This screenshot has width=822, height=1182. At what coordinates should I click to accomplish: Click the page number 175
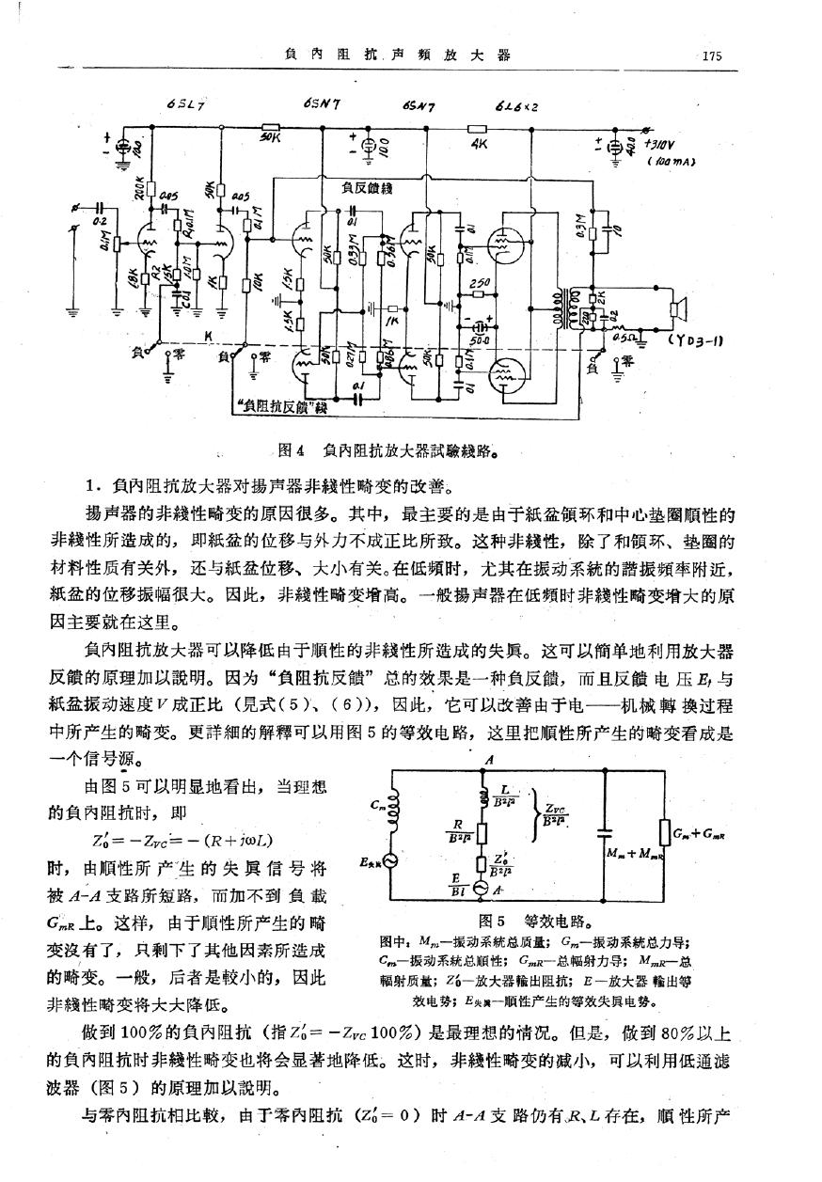710,55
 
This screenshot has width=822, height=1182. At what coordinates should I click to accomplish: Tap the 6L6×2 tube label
516,106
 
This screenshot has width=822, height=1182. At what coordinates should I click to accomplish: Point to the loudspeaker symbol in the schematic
680,307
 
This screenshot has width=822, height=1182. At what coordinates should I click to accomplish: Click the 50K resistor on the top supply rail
272,129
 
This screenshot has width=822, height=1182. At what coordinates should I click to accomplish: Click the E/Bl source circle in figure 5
482,889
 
